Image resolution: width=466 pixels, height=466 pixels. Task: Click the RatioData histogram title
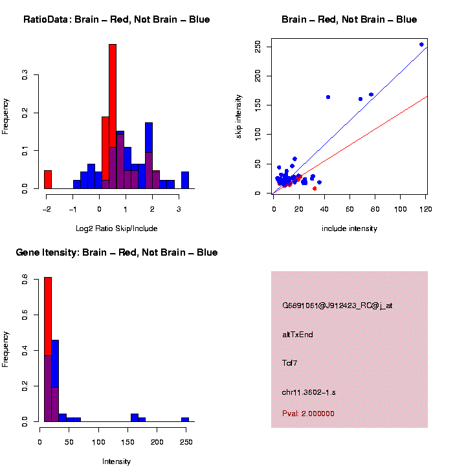click(116, 20)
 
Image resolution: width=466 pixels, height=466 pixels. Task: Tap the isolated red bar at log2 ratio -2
click(48, 179)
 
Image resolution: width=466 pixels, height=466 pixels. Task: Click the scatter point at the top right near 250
click(421, 45)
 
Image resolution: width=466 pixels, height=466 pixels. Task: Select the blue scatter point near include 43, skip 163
click(328, 97)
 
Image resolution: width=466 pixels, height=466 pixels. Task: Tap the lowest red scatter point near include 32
click(315, 188)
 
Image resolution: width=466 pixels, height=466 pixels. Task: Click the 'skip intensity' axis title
click(239, 115)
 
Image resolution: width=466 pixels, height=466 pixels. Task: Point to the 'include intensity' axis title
click(349, 228)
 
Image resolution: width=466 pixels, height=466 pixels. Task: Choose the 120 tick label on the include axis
click(426, 208)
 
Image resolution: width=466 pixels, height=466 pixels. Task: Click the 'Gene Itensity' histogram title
click(116, 252)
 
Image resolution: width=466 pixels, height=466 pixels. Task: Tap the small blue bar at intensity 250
click(185, 419)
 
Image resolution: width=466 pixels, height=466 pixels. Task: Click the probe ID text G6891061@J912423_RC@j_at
click(337, 305)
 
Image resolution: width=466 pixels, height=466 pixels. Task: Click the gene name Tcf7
click(290, 363)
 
